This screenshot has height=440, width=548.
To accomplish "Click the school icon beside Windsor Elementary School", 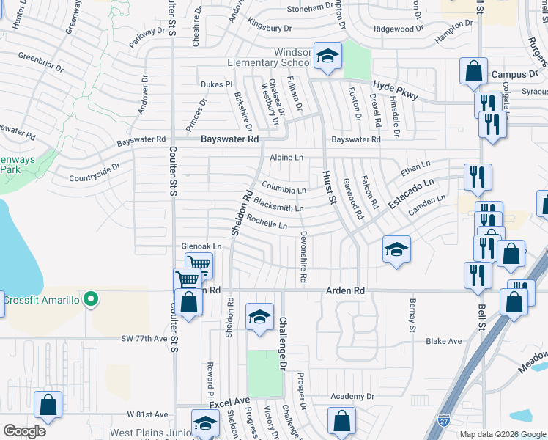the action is (327, 56).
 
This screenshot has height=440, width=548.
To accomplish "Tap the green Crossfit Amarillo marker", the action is (91, 299).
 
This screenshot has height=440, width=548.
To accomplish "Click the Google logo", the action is (24, 430).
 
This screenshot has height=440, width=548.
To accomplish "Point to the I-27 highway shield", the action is (443, 420).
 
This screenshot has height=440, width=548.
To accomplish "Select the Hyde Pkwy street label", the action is (394, 87).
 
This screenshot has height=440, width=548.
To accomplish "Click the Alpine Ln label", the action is (286, 158).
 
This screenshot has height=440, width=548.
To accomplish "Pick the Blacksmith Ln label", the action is (278, 208).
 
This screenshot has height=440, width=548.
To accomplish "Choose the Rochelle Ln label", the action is (267, 221).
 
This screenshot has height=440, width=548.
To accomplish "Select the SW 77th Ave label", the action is (144, 340).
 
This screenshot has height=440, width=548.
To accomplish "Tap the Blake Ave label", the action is (444, 341).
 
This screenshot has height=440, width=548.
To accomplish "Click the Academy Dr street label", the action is (352, 396).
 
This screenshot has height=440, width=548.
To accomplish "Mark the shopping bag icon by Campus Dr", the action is (474, 72).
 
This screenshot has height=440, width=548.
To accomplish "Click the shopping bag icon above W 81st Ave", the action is (48, 406).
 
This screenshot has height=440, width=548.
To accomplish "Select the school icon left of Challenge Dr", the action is (259, 317).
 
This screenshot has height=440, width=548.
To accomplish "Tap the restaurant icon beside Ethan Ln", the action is (478, 177).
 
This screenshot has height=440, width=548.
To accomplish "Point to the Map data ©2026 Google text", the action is (503, 434).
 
